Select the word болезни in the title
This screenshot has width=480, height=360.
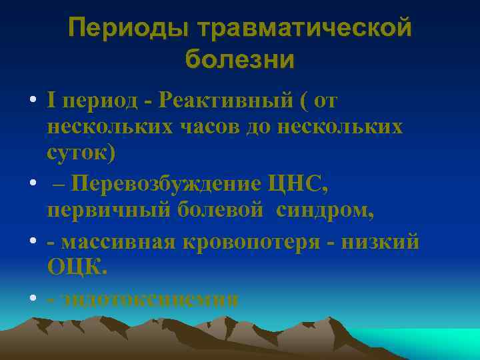(x=239, y=60)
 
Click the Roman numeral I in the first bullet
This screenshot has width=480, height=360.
(x=51, y=101)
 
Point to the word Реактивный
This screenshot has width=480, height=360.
(x=226, y=101)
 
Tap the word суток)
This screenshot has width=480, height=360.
(x=81, y=153)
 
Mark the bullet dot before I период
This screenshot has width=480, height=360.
(x=32, y=102)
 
